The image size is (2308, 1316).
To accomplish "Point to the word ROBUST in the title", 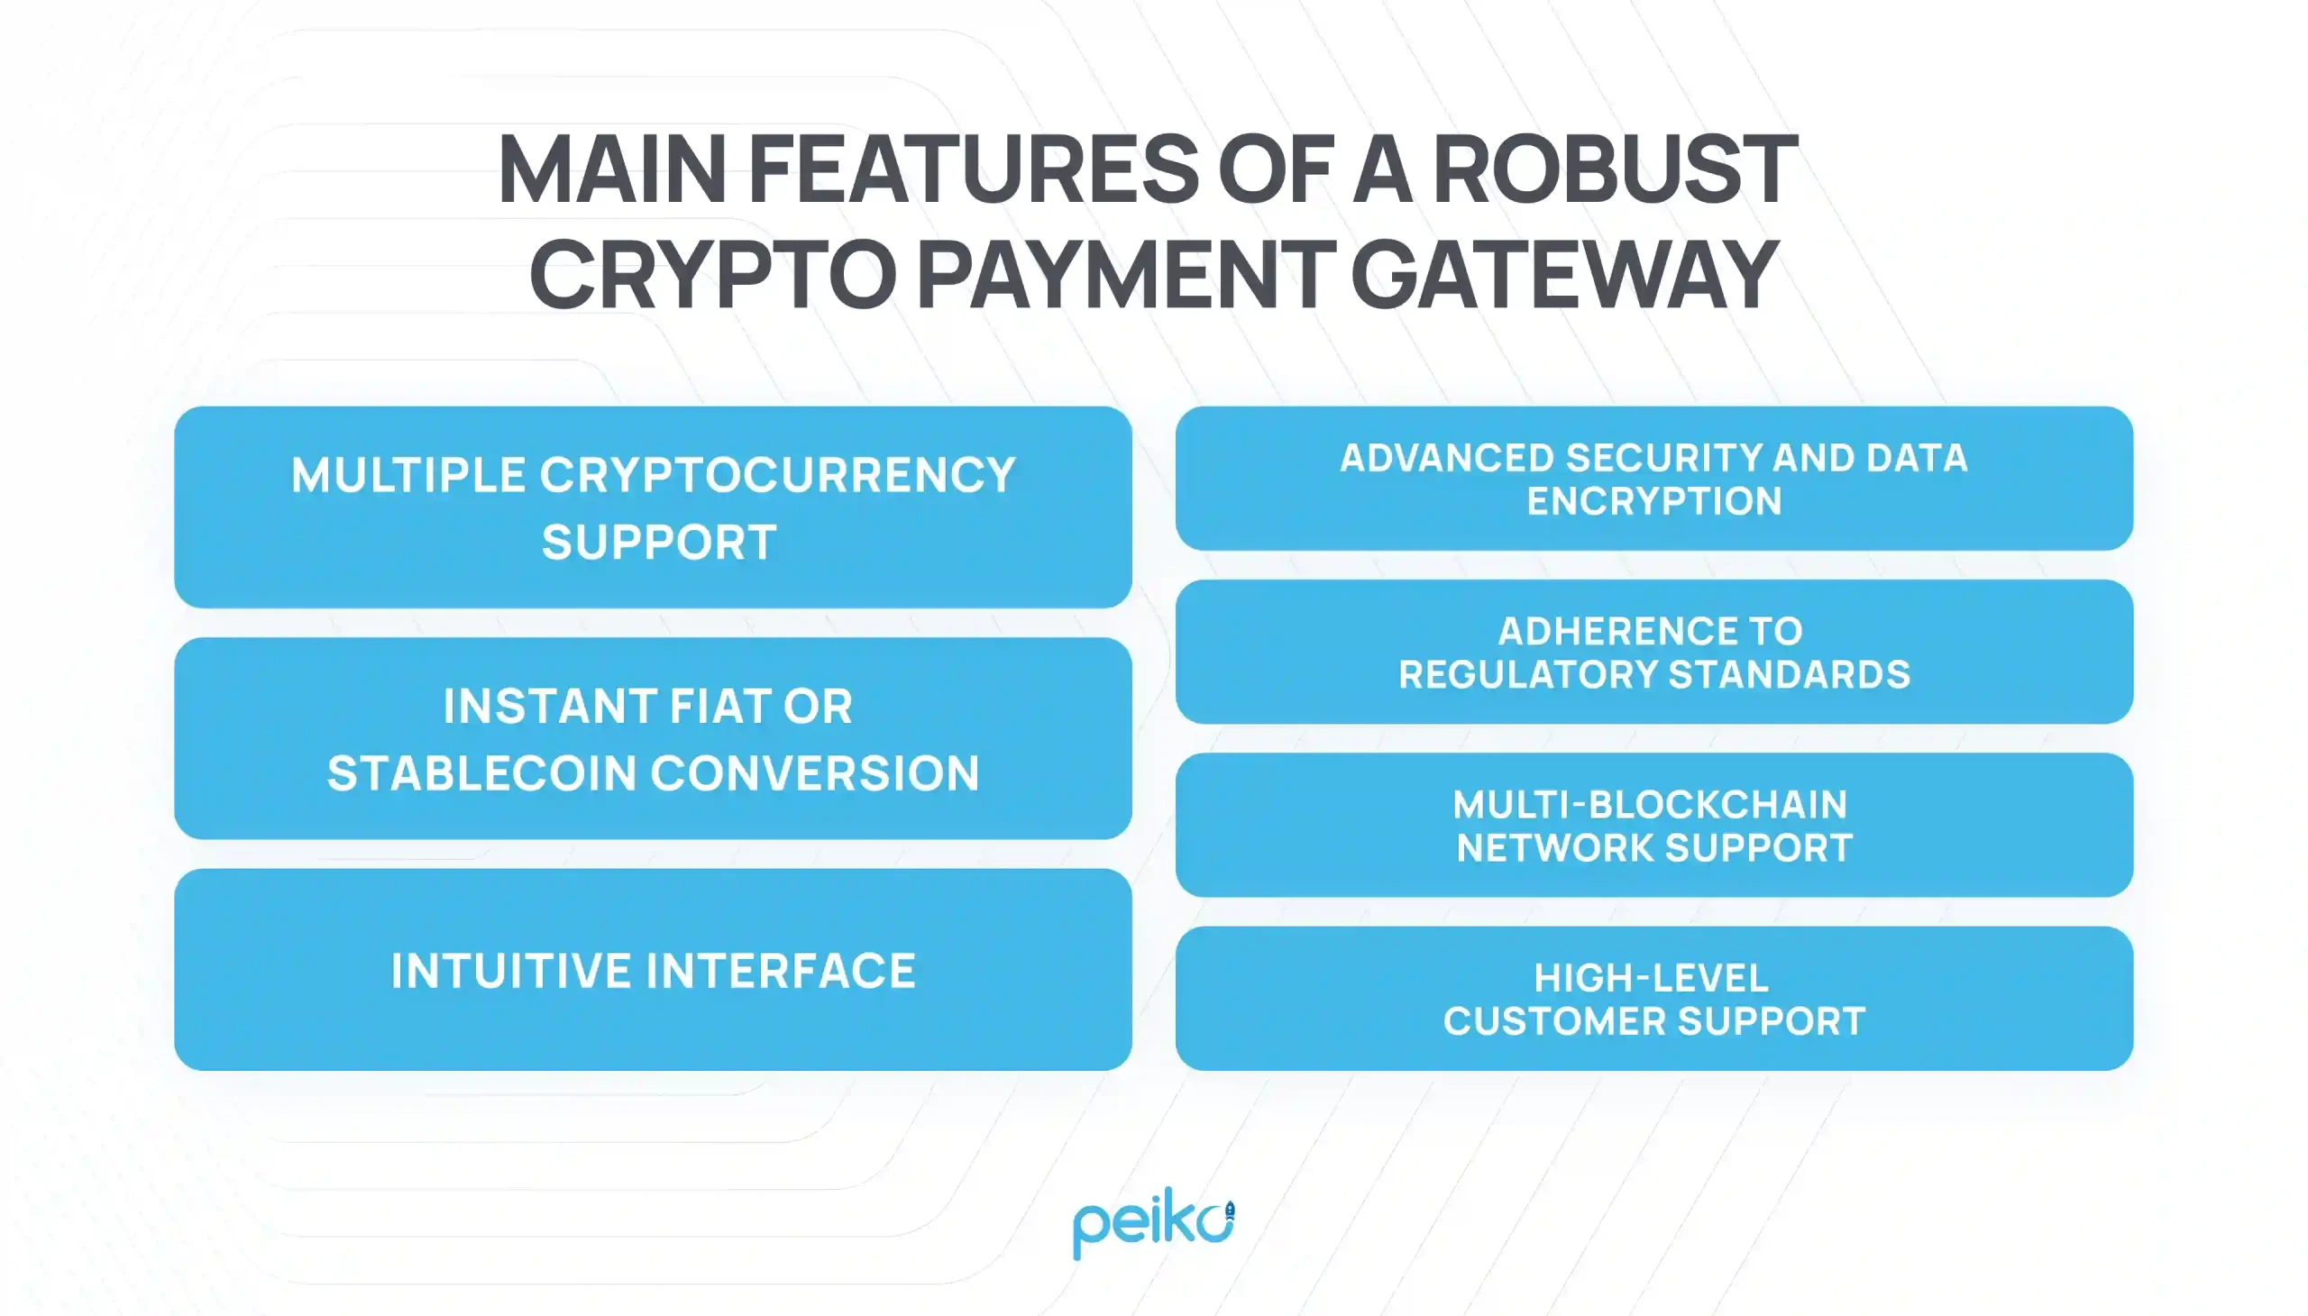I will (x=1615, y=169).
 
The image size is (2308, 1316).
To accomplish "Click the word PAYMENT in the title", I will (x=1126, y=274).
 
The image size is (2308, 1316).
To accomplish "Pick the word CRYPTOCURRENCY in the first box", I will (x=777, y=475).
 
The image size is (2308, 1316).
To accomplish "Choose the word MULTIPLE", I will (x=408, y=475).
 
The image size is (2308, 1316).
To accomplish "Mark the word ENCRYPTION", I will (x=1653, y=501).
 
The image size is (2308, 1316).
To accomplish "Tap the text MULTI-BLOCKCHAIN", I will (x=1649, y=804).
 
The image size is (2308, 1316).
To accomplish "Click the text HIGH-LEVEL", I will (x=1651, y=978).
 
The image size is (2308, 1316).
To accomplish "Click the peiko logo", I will (x=1152, y=1222).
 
